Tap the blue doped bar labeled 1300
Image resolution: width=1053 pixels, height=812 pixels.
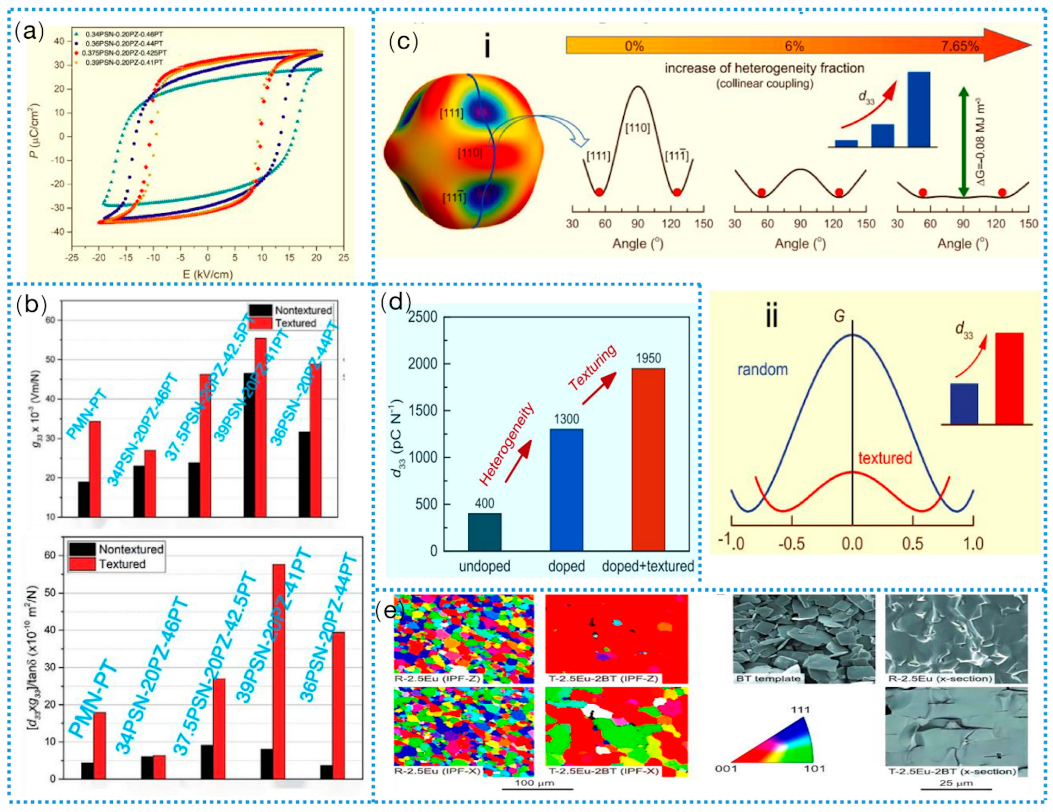tap(566, 490)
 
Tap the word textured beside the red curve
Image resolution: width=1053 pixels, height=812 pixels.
tap(885, 457)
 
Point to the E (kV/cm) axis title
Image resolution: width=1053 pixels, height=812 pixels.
tap(207, 275)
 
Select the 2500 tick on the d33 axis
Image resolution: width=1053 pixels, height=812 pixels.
tap(423, 318)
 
